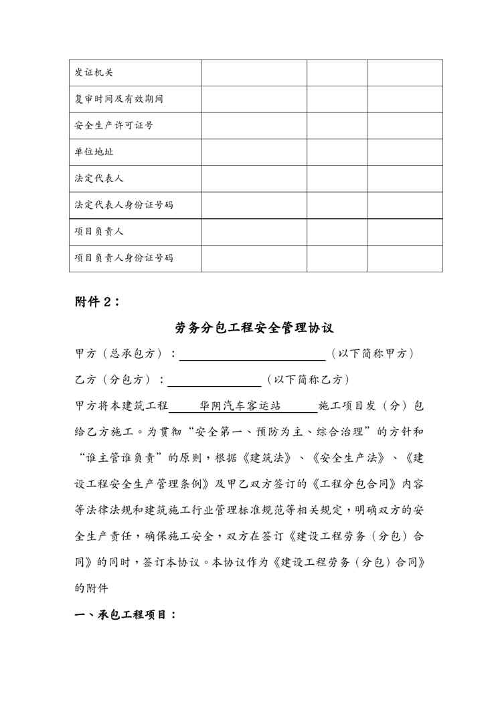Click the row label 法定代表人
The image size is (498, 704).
(99, 179)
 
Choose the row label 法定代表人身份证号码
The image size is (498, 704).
(124, 205)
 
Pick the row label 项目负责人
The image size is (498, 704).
(99, 232)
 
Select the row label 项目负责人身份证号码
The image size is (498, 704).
(124, 258)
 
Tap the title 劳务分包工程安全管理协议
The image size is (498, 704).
(254, 328)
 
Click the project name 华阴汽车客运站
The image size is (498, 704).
(240, 406)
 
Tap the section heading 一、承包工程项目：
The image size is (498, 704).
(125, 615)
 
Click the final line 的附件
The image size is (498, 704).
(90, 588)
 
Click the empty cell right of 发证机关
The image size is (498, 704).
(254, 73)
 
